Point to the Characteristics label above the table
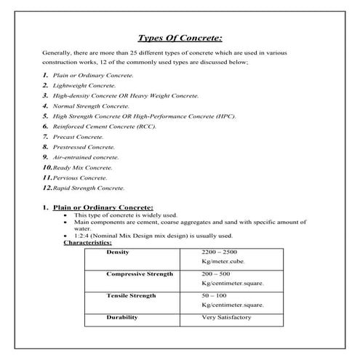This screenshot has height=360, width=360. [93, 242]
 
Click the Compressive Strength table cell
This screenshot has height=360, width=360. [140, 274]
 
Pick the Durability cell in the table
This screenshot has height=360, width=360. [121, 319]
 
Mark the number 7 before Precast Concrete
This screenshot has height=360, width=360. [45, 136]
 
